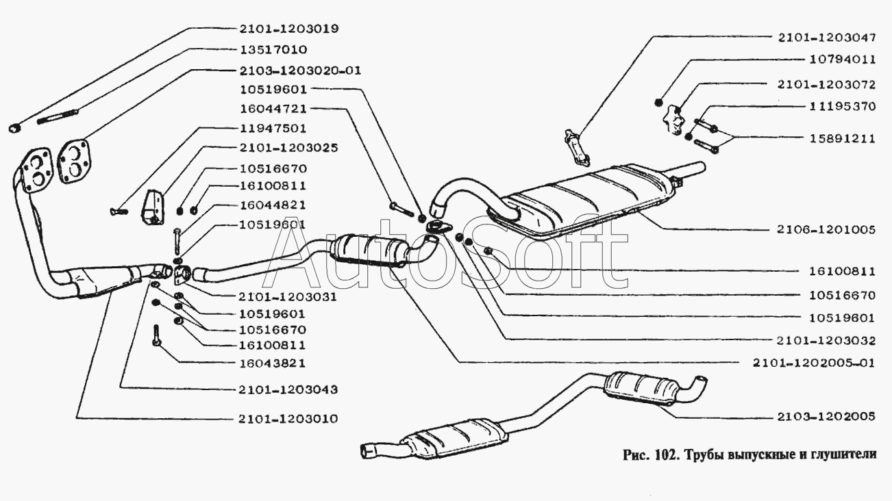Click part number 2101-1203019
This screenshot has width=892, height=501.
coord(289,29)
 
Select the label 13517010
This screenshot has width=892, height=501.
coord(273,49)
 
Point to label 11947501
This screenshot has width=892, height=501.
coord(273,128)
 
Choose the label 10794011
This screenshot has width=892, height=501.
coord(842,60)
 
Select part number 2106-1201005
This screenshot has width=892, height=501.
coord(826,230)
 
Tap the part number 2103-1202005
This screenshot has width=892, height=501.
coord(826,415)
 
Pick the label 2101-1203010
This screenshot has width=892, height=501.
coord(288,418)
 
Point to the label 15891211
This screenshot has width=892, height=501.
coord(842,138)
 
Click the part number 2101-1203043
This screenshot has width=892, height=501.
coord(288,389)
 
